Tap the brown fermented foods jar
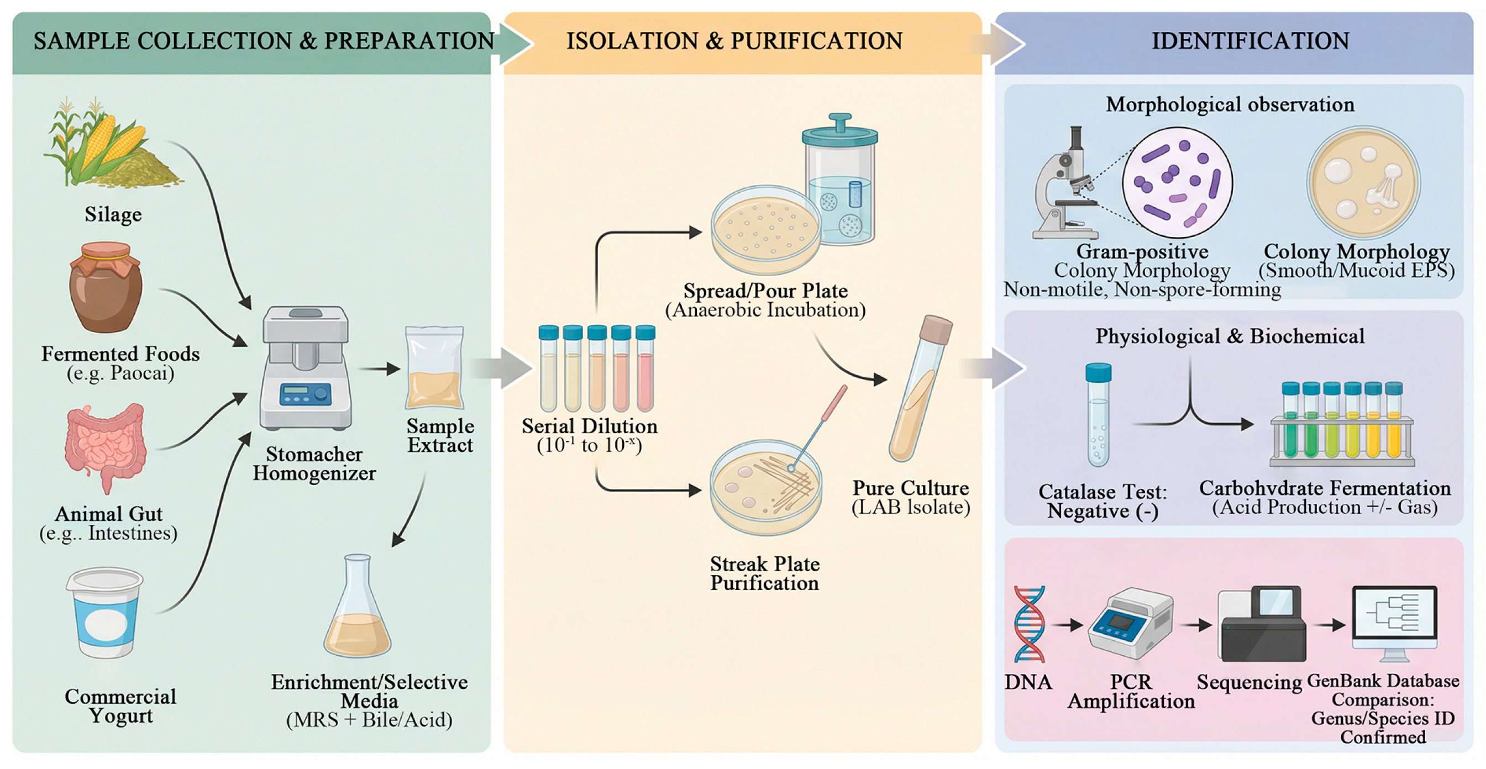[x=105, y=288]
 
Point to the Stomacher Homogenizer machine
[x=306, y=369]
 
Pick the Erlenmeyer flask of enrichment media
[x=357, y=611]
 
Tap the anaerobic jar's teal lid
[x=840, y=133]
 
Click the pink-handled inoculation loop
[x=822, y=426]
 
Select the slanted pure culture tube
[x=920, y=389]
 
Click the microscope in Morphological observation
[x=1064, y=185]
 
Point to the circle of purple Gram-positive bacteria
[x=1177, y=182]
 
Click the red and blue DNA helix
[x=1030, y=624]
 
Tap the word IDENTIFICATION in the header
[x=1250, y=41]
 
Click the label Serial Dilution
[x=589, y=426]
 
